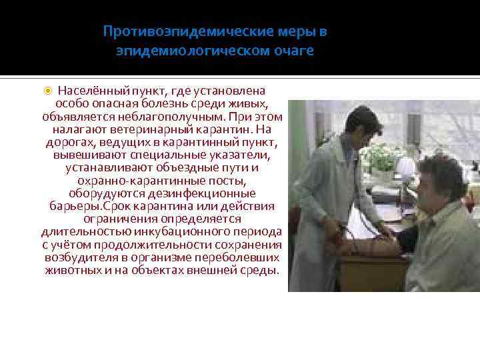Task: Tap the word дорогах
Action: click(70, 143)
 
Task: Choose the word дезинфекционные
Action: click(203, 193)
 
